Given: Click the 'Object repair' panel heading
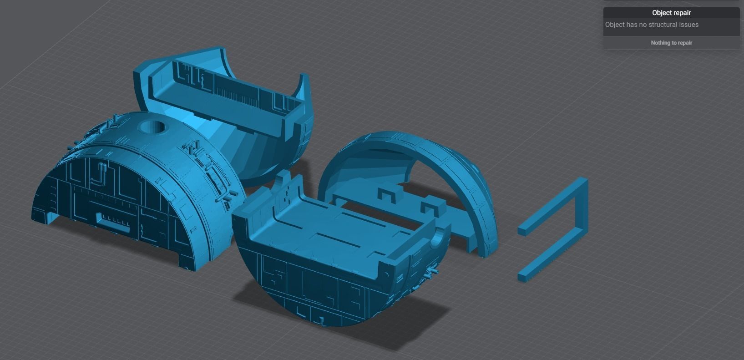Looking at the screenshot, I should [671, 13].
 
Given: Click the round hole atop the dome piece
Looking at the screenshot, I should [152, 127].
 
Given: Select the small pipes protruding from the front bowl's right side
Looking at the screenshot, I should [430, 272].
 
